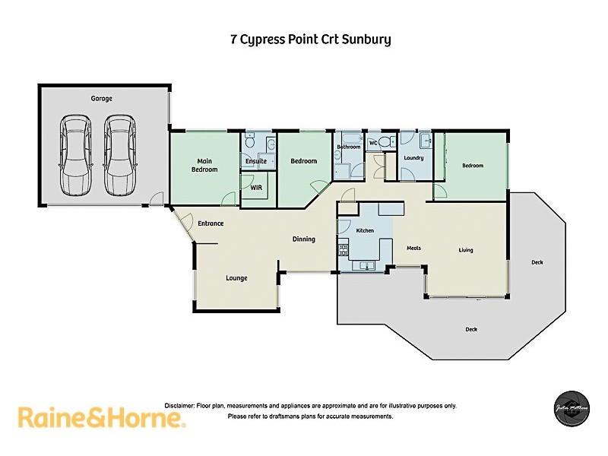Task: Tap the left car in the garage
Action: point(75,156)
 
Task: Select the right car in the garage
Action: point(119,156)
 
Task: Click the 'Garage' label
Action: point(101,99)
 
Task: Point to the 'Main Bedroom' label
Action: point(204,165)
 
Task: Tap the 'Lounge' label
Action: point(236,278)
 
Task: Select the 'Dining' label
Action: point(303,239)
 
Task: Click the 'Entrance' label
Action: point(211,223)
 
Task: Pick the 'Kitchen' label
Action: point(366,230)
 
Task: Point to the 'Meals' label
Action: point(413,249)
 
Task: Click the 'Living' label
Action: point(466,249)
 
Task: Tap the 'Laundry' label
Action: point(413,158)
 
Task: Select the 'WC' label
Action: point(373,143)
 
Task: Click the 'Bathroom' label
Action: point(349,147)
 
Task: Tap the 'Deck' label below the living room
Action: point(471,329)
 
